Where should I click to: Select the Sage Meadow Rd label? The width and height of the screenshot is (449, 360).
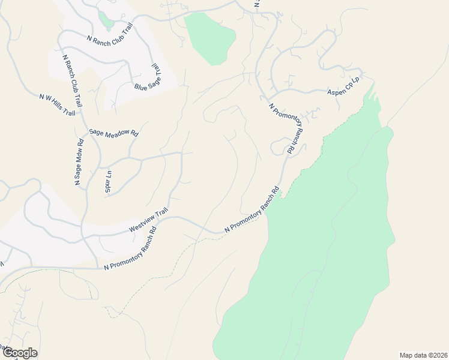click(x=113, y=133)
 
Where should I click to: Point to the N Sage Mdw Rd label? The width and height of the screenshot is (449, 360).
click(x=79, y=162)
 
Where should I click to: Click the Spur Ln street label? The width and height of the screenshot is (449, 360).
click(x=109, y=181)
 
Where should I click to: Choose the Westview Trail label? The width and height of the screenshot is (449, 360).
click(x=148, y=222)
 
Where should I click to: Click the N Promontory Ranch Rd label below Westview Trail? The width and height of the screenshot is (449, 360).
click(x=130, y=248)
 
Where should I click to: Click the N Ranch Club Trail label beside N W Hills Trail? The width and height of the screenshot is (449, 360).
click(x=73, y=82)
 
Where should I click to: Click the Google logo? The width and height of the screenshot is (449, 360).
click(x=19, y=353)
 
